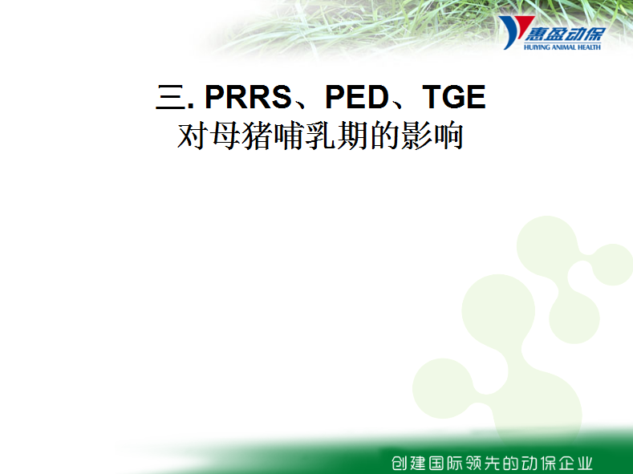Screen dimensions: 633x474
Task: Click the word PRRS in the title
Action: click(x=248, y=97)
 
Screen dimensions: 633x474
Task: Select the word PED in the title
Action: click(x=357, y=97)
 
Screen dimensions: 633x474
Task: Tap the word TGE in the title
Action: click(x=454, y=97)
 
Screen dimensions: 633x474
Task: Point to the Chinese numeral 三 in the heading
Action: click(x=170, y=97)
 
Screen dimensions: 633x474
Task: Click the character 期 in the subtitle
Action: click(x=352, y=136)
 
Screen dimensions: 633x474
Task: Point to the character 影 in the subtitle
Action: click(x=416, y=136)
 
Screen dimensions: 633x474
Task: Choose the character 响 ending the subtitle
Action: click(x=448, y=136)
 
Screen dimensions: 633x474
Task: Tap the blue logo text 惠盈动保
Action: click(x=565, y=34)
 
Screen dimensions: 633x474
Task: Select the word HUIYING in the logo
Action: click(x=537, y=47)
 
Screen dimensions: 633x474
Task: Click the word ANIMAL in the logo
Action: click(x=564, y=47)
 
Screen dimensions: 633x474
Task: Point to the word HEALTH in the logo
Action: click(x=590, y=47)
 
